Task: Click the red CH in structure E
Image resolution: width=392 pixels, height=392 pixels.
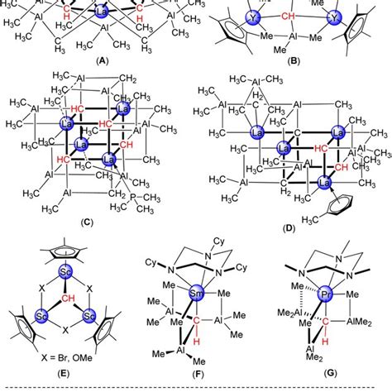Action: [63, 296]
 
